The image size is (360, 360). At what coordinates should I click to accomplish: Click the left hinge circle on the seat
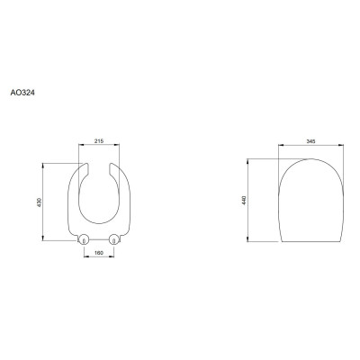tap(84, 239)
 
